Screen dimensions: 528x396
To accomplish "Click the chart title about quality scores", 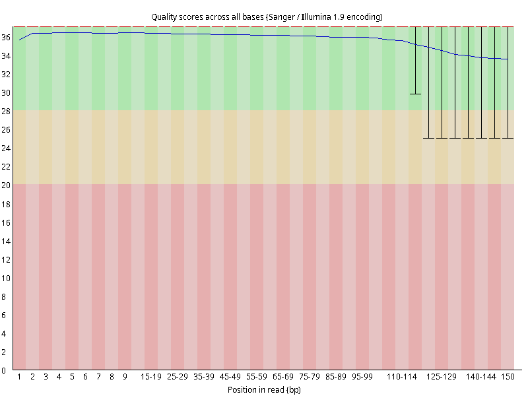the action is pyautogui.click(x=267, y=17).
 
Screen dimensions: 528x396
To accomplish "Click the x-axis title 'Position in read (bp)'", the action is pyautogui.click(x=264, y=389).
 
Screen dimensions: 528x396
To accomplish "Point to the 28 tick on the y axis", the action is pyautogui.click(x=6, y=111).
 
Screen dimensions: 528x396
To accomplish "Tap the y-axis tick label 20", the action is pyautogui.click(x=6, y=185).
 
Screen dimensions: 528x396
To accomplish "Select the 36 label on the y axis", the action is pyautogui.click(x=6, y=38).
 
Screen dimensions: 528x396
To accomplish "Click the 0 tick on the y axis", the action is pyautogui.click(x=4, y=370).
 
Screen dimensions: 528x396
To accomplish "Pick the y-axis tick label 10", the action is pyautogui.click(x=6, y=278).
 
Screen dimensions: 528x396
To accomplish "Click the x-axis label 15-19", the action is pyautogui.click(x=151, y=377).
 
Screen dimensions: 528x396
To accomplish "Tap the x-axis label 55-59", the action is pyautogui.click(x=257, y=377).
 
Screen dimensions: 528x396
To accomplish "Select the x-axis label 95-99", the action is pyautogui.click(x=362, y=377).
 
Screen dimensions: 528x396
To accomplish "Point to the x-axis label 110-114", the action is pyautogui.click(x=402, y=377).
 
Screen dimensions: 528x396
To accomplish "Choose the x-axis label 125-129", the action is pyautogui.click(x=442, y=377).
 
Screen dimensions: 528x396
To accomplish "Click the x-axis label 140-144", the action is pyautogui.click(x=481, y=377).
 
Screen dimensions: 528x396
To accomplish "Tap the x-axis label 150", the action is pyautogui.click(x=508, y=377).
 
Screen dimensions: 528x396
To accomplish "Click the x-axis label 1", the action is pyautogui.click(x=19, y=377).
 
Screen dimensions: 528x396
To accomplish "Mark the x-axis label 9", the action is pyautogui.click(x=125, y=377).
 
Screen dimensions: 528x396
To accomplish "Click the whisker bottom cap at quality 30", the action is pyautogui.click(x=415, y=94).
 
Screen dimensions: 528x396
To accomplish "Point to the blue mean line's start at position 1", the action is pyautogui.click(x=20, y=40).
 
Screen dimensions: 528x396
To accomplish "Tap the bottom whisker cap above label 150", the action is pyautogui.click(x=508, y=138).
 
